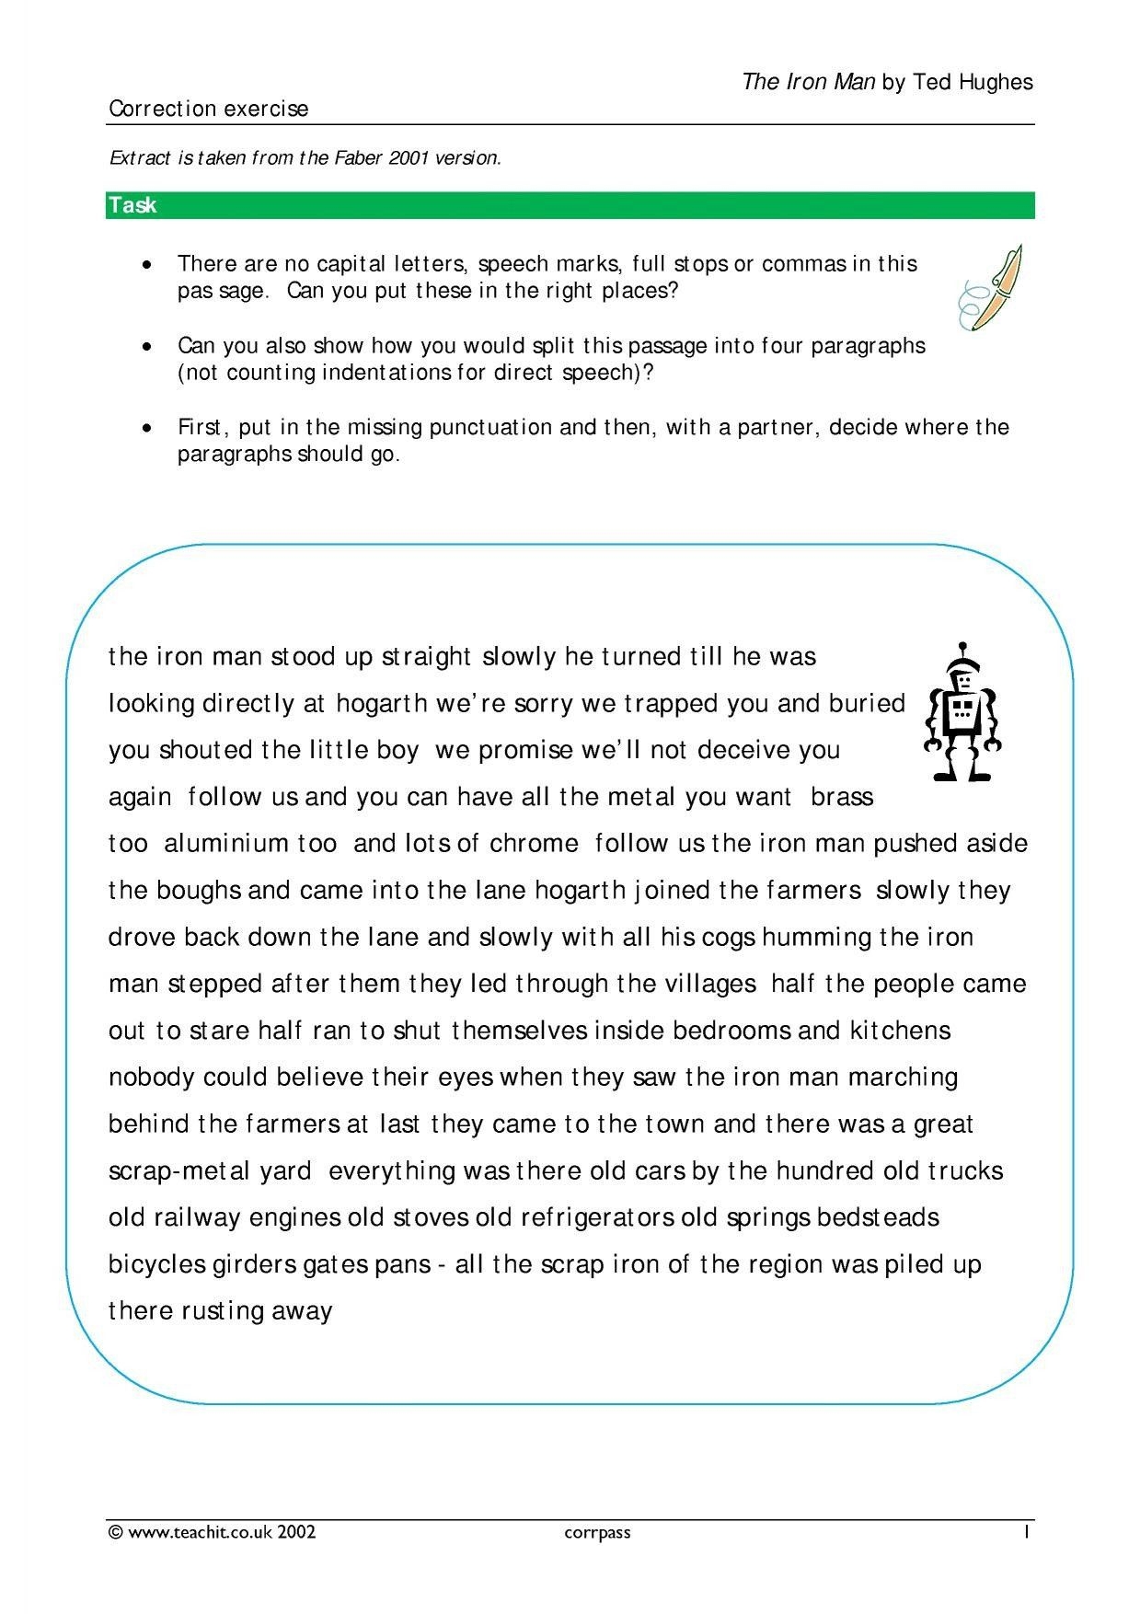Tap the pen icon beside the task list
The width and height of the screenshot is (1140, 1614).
click(x=992, y=287)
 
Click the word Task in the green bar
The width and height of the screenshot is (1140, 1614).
click(x=132, y=205)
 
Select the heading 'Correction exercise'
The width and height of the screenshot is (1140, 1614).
click(x=209, y=109)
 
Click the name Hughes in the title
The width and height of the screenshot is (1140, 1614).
click(x=996, y=82)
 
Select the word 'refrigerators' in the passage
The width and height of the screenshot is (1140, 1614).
click(x=597, y=1218)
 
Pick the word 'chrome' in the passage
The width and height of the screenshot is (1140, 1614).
click(x=534, y=844)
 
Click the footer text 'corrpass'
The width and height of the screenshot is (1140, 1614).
click(x=597, y=1532)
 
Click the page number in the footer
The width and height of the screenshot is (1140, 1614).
click(x=1025, y=1531)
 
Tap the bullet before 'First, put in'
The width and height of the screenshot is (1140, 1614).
click(x=147, y=428)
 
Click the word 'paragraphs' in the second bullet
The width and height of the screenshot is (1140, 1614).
click(x=868, y=346)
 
